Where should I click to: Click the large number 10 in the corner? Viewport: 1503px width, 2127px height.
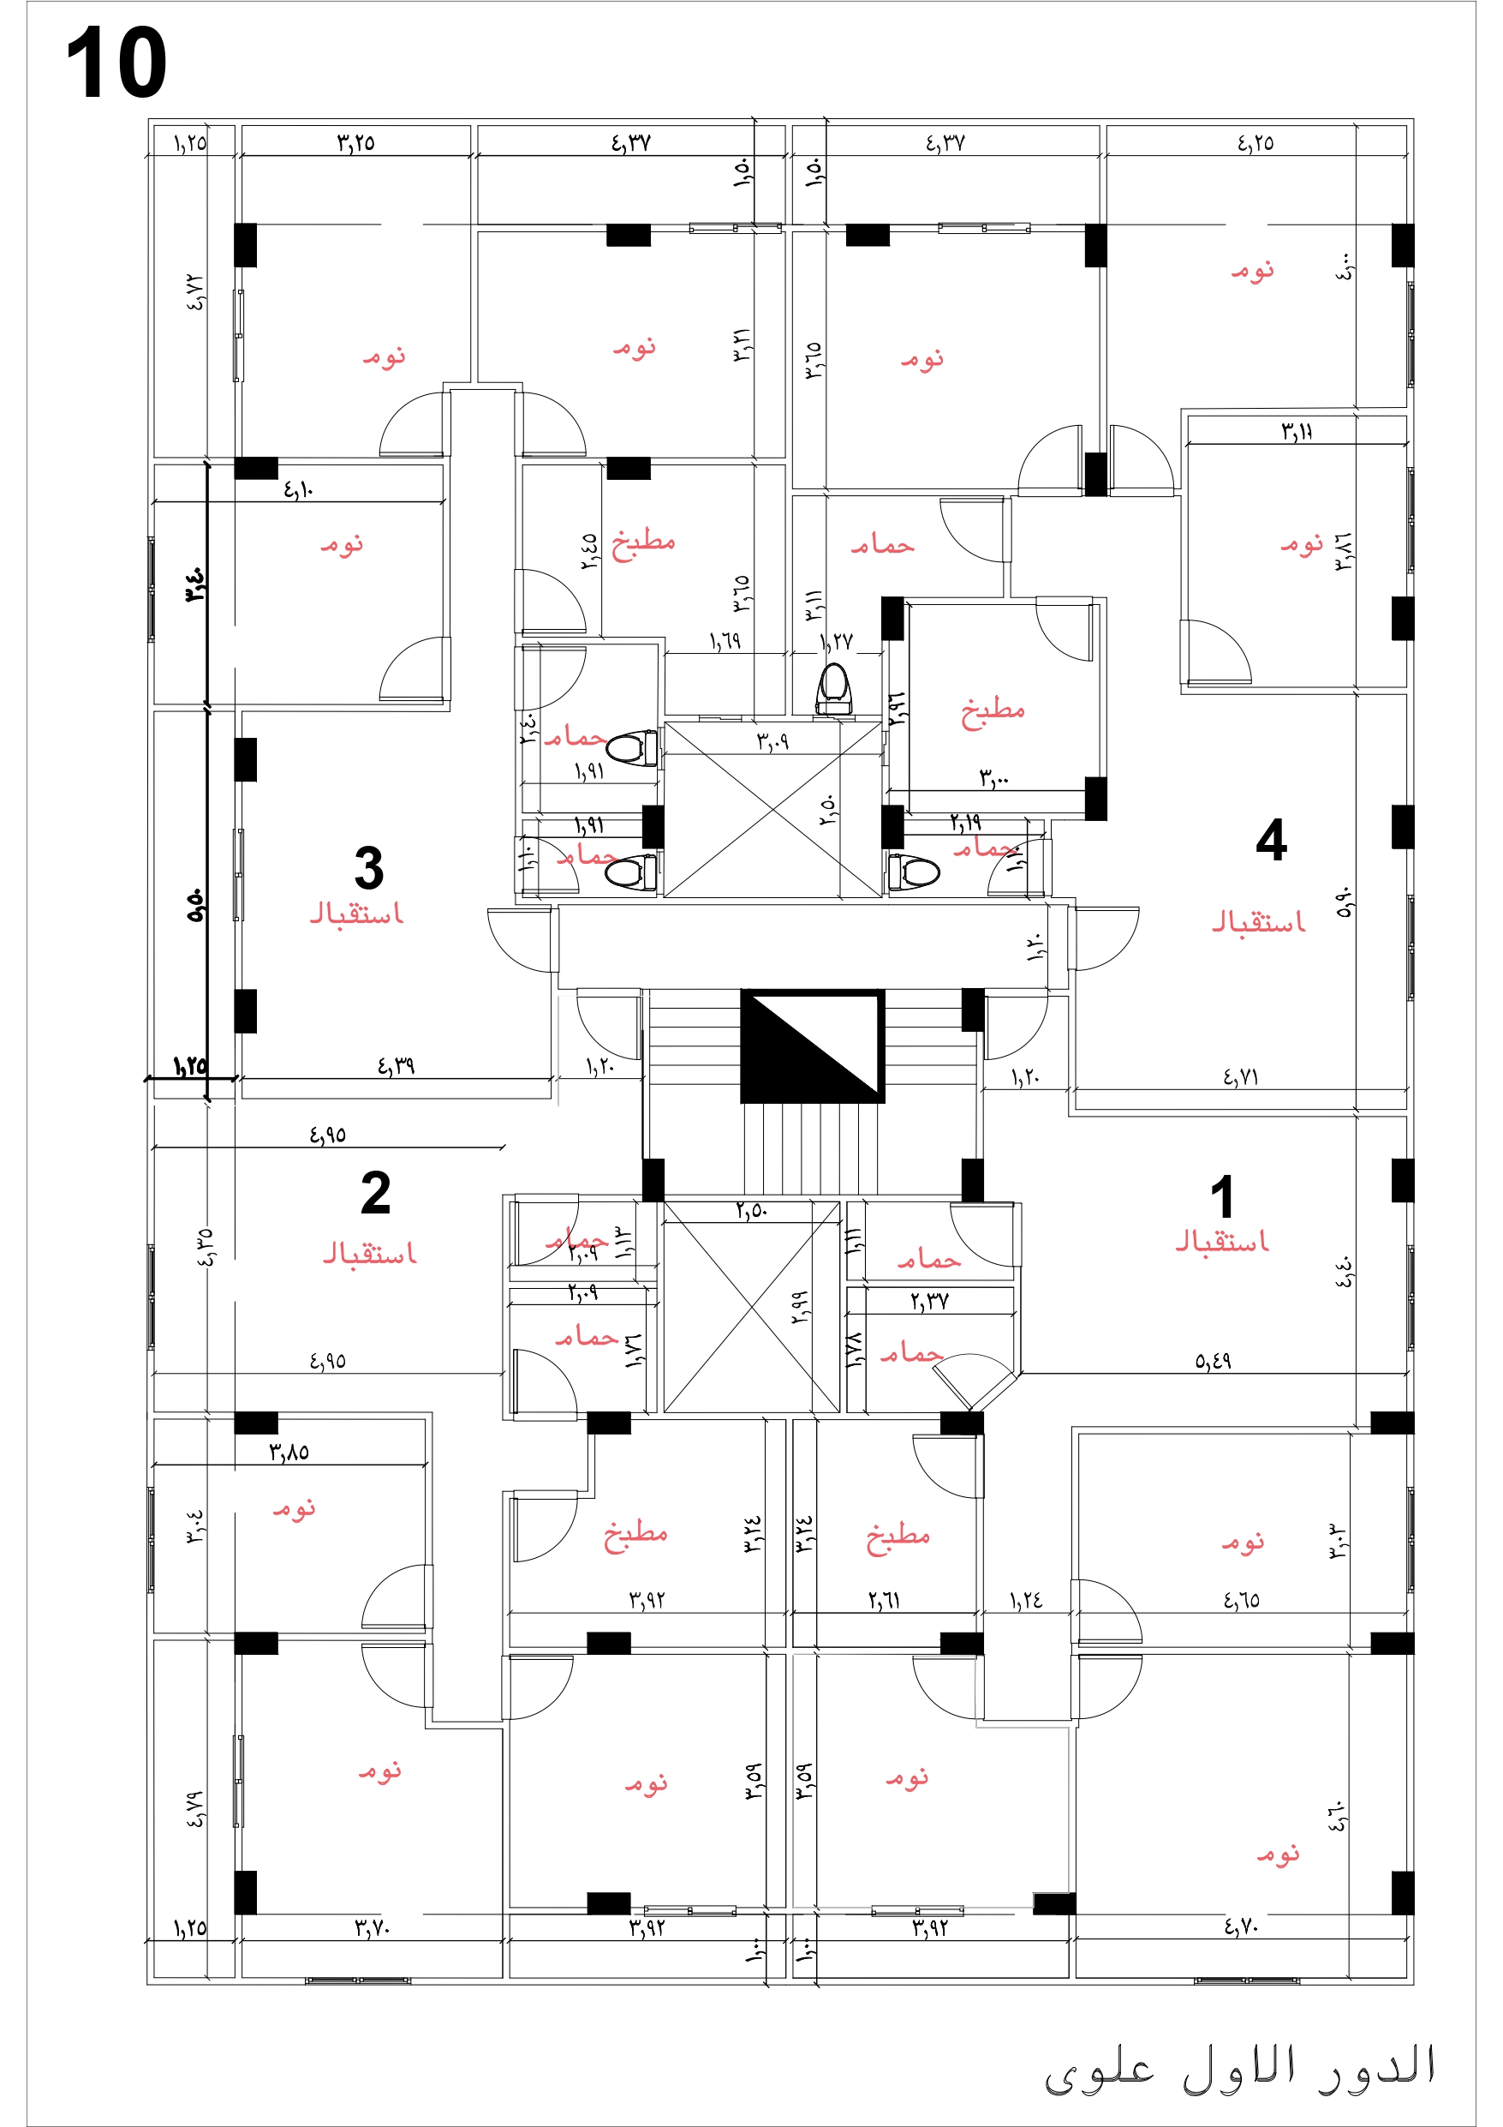tap(116, 63)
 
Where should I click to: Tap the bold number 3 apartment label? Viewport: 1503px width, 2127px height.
tap(368, 868)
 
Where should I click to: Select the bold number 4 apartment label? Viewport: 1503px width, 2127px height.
tap(1271, 840)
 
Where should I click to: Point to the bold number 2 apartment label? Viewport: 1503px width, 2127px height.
tap(375, 1193)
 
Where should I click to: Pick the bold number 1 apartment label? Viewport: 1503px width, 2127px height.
tap(1221, 1197)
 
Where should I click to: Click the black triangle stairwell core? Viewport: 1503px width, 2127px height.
tap(812, 1046)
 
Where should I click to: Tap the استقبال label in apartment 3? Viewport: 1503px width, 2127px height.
tap(356, 914)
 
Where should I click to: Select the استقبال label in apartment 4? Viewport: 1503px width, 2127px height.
tap(1259, 922)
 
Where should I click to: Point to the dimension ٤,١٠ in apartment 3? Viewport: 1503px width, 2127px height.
tap(298, 489)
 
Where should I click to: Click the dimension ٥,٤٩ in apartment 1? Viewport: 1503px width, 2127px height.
tap(1212, 1361)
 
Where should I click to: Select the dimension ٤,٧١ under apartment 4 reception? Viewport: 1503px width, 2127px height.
tap(1240, 1076)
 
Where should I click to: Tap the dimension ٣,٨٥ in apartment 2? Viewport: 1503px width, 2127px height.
tap(289, 1453)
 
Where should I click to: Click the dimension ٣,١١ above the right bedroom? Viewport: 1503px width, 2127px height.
tap(1297, 431)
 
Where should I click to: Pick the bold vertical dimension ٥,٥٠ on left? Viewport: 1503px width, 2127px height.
tap(195, 905)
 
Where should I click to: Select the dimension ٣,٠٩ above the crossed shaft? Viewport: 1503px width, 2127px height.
tap(772, 741)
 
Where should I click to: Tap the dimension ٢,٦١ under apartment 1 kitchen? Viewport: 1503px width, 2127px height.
tap(884, 1600)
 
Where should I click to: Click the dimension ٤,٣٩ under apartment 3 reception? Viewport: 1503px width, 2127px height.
tap(396, 1066)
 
